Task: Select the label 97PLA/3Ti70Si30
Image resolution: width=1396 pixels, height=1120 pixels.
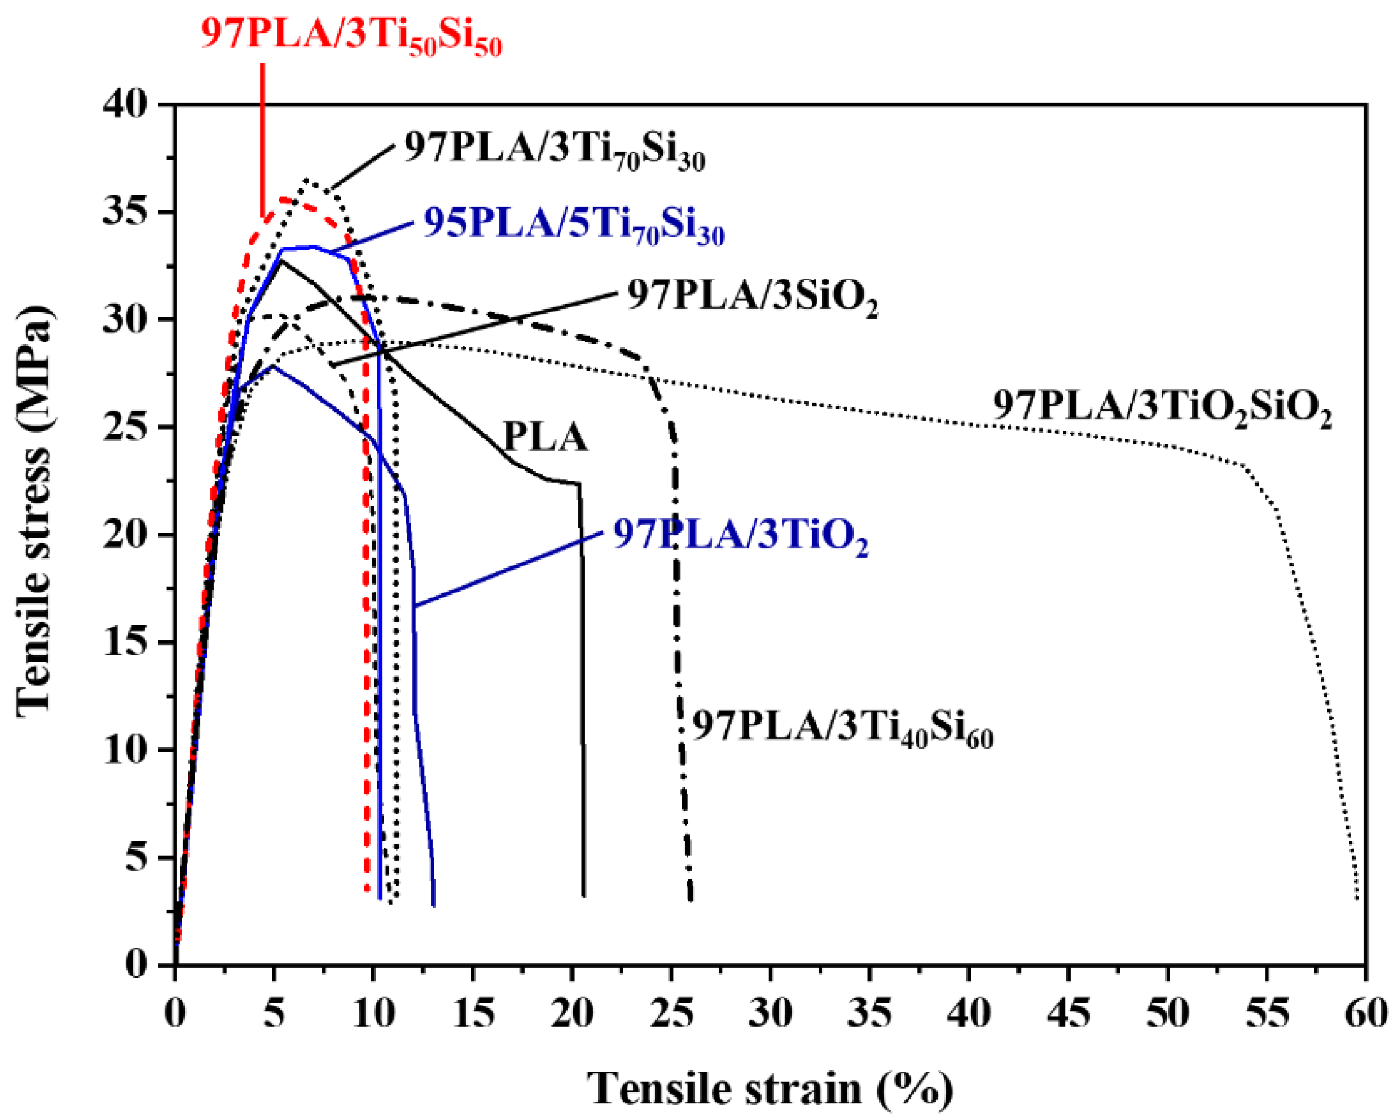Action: pos(554,151)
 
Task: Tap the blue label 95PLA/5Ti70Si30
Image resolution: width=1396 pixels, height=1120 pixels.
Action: pos(574,226)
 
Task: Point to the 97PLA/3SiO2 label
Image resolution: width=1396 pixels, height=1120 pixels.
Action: pos(752,298)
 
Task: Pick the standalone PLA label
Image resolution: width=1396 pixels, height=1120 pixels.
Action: pos(545,438)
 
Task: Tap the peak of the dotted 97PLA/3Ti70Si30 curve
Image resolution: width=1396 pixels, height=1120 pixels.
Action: pos(306,180)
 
